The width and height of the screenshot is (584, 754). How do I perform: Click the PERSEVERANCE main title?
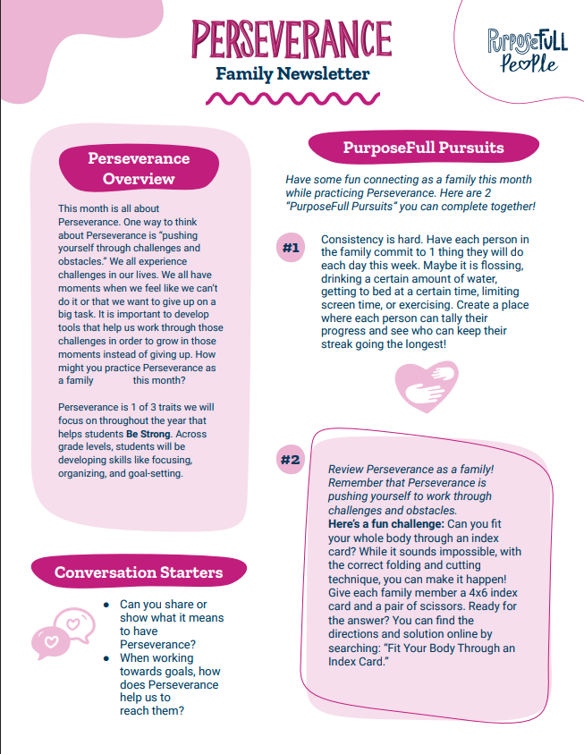[292, 38]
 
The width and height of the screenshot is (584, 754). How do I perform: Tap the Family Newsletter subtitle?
[292, 74]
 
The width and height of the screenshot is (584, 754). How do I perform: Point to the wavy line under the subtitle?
[292, 97]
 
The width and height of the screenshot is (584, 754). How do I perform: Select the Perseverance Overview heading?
[139, 168]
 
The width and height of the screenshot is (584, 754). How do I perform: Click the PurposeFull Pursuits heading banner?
[423, 148]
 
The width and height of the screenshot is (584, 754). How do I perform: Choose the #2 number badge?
[290, 461]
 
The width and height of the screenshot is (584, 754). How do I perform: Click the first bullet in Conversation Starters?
[106, 605]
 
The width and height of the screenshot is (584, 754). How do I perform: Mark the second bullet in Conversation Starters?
[106, 658]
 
